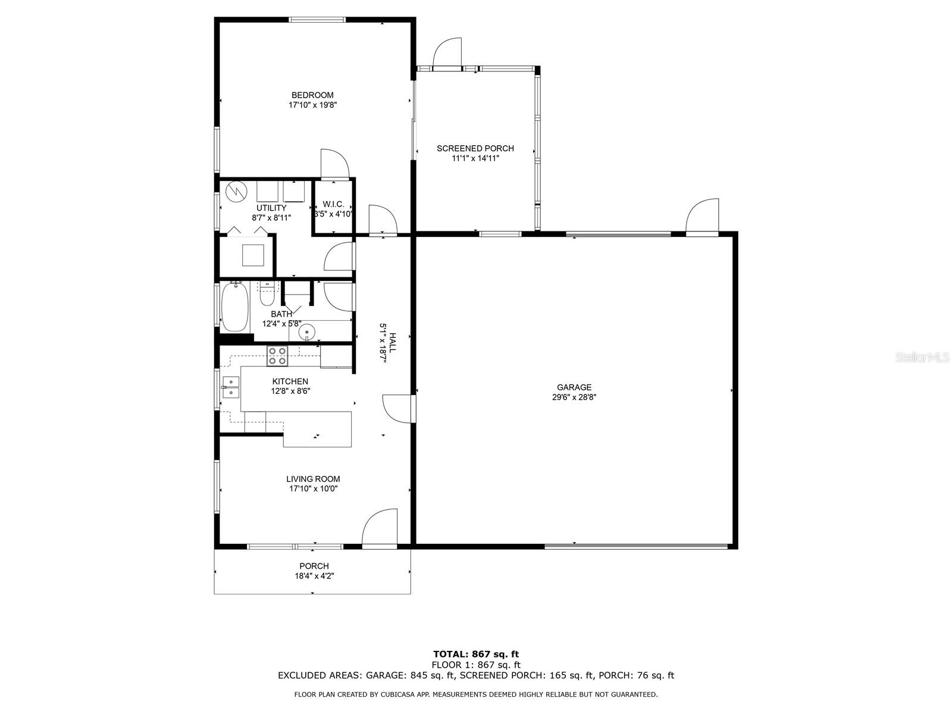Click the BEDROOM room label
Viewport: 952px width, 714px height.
(x=312, y=95)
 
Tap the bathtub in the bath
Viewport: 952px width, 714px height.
(x=235, y=306)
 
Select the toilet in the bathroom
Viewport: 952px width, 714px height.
(x=267, y=293)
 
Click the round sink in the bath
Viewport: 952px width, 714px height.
(x=307, y=332)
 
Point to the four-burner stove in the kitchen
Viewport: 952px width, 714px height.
(x=277, y=355)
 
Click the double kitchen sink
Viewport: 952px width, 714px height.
(x=231, y=387)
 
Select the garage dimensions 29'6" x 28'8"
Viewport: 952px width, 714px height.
(x=574, y=397)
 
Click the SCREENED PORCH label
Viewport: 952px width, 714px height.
(x=475, y=148)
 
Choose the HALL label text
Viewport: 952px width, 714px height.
(x=393, y=343)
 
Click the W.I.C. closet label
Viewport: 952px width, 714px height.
(x=333, y=204)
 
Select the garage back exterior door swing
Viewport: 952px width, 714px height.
(x=702, y=216)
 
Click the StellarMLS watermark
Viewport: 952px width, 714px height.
(x=921, y=358)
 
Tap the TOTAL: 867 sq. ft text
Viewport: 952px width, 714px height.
(x=476, y=654)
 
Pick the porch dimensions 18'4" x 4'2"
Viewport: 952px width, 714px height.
(x=314, y=576)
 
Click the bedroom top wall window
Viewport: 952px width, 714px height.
(x=317, y=20)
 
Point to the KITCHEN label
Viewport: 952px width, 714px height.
(x=290, y=381)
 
